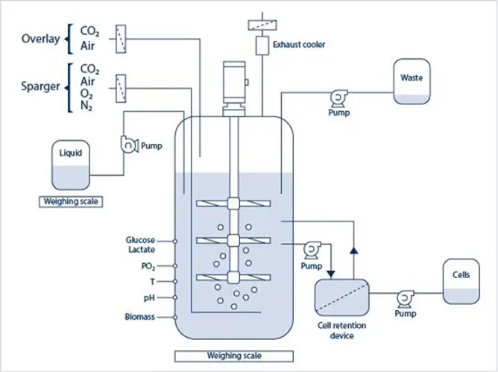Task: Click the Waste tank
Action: tap(412, 81)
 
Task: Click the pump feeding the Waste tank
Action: tap(337, 95)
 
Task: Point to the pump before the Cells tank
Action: tap(405, 297)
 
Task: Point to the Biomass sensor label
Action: tap(140, 318)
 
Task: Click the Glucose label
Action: tap(140, 240)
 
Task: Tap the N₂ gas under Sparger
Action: tap(89, 107)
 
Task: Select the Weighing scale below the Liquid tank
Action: tap(72, 201)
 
